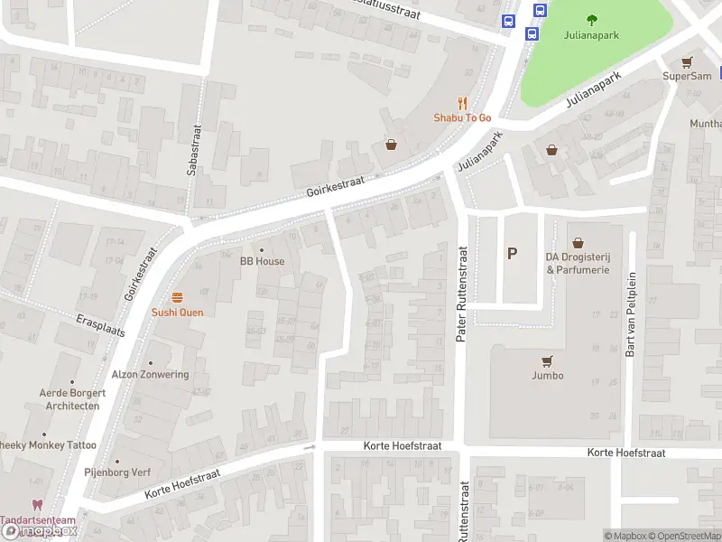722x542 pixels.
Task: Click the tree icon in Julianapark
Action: click(x=592, y=20)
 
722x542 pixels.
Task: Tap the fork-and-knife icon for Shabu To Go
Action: click(x=462, y=104)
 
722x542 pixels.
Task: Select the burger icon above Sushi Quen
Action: click(x=177, y=297)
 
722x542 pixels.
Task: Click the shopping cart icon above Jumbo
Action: click(x=547, y=360)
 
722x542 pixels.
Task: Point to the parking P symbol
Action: click(x=512, y=254)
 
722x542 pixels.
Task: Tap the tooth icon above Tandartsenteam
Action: click(x=37, y=506)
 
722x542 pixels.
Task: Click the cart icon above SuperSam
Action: click(x=688, y=61)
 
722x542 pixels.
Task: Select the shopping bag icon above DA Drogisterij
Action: click(x=578, y=243)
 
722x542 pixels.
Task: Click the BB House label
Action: click(x=262, y=261)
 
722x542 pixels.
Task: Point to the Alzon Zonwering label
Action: click(x=150, y=375)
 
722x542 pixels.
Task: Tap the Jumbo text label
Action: click(x=547, y=376)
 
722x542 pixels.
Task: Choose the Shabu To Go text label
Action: click(x=462, y=118)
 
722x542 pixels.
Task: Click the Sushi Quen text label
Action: click(x=177, y=313)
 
